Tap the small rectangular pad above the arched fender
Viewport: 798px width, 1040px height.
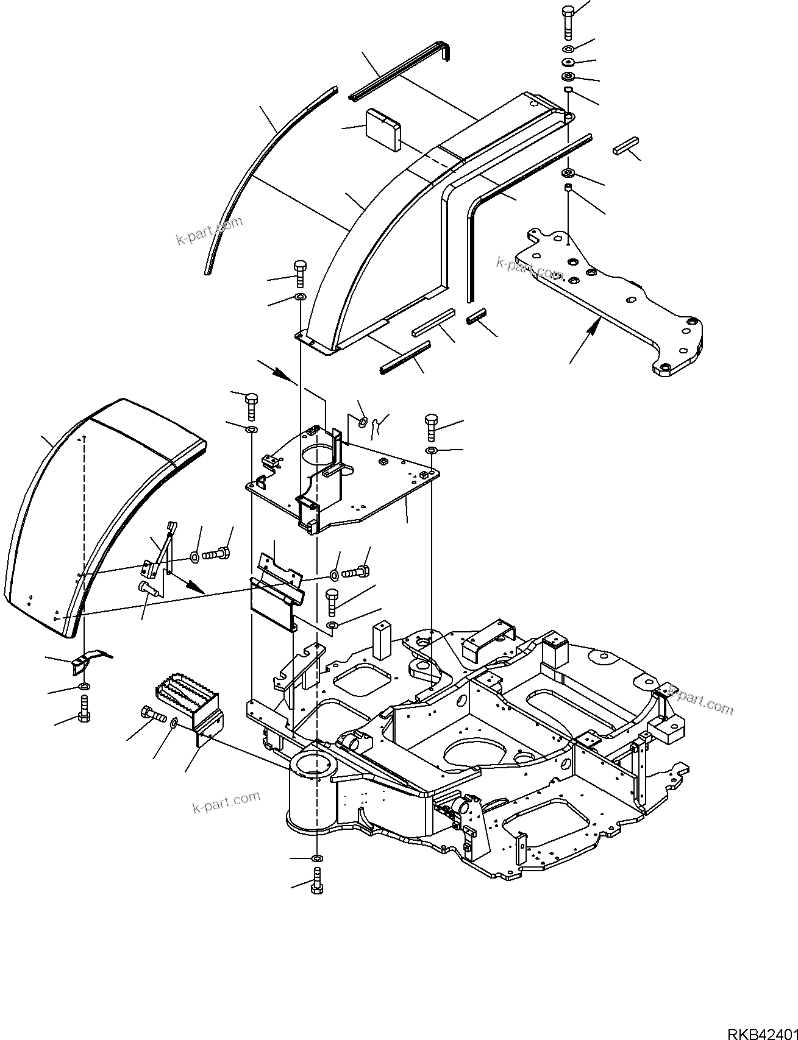pyautogui.click(x=382, y=130)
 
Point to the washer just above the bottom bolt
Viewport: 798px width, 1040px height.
pyautogui.click(x=317, y=858)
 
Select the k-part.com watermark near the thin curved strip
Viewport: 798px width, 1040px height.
pyautogui.click(x=209, y=230)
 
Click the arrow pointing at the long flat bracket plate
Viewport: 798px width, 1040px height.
pyautogui.click(x=585, y=341)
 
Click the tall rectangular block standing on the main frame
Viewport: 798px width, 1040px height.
pyautogui.click(x=382, y=640)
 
